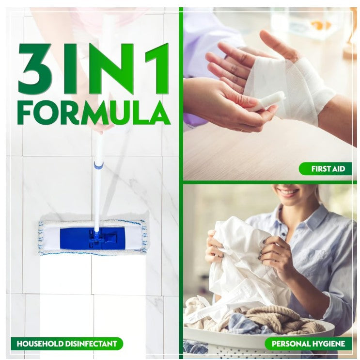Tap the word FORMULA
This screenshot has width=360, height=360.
click(x=94, y=113)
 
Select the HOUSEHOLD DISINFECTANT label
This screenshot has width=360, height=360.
click(x=67, y=344)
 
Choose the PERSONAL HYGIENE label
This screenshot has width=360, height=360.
click(x=308, y=344)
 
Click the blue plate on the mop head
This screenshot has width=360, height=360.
click(x=93, y=239)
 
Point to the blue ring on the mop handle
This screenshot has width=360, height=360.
click(x=98, y=164)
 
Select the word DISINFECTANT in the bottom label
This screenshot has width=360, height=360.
click(x=91, y=344)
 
